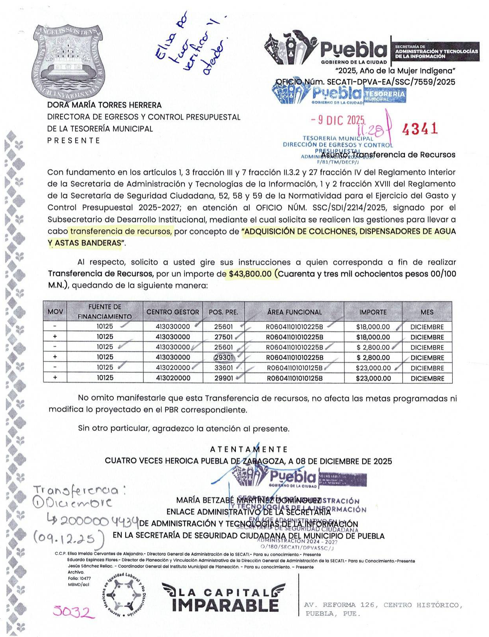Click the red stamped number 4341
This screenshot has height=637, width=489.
(419, 129)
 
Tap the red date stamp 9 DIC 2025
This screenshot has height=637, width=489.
(338, 120)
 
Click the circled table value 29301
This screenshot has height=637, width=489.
(224, 358)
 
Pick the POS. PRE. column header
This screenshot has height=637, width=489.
(223, 312)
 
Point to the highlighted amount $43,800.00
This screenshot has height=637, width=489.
(250, 274)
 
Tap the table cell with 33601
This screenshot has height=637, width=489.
(224, 368)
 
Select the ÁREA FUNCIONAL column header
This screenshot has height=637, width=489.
(294, 312)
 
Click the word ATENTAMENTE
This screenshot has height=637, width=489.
(248, 449)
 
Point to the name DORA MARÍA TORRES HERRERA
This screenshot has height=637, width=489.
(104, 105)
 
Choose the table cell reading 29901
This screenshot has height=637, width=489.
(224, 378)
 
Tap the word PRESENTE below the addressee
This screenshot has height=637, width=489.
(73, 141)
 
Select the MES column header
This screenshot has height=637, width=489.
(427, 312)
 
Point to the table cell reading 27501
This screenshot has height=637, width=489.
(224, 337)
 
